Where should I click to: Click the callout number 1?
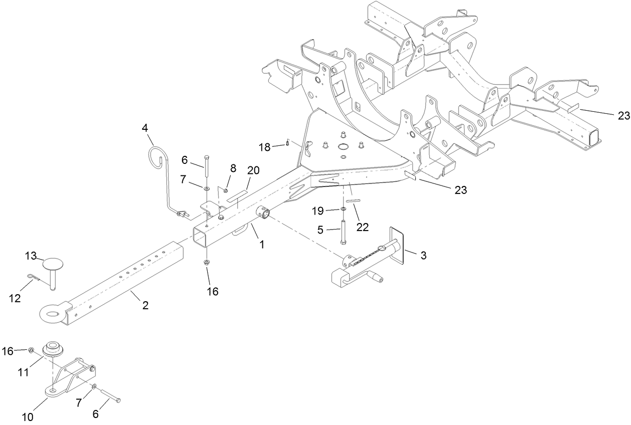point(261,245)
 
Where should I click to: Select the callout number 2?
point(145,305)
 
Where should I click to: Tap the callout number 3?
point(423,255)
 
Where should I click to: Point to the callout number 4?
point(145,128)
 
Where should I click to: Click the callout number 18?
point(264,147)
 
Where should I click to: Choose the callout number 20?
point(253,170)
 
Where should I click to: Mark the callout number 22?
point(362,227)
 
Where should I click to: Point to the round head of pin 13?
point(54,265)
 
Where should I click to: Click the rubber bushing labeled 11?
point(52,349)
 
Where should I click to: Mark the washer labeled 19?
point(343,208)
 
